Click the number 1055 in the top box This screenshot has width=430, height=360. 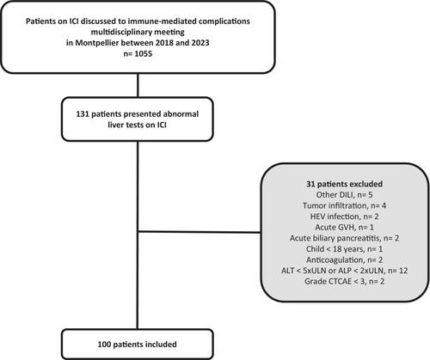click(143, 53)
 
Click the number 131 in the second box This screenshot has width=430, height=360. click(83, 114)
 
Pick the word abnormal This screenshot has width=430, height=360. click(181, 114)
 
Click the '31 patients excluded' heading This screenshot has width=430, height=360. click(344, 184)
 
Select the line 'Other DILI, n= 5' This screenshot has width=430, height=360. click(344, 195)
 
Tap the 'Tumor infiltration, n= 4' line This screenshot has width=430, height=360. click(344, 205)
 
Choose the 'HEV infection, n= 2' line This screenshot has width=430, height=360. click(344, 217)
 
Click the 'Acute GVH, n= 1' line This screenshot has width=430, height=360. click(344, 228)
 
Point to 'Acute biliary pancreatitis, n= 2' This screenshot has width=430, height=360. click(344, 238)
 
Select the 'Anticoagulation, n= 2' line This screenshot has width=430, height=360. click(344, 260)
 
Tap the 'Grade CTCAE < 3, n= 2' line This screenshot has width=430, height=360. click(344, 282)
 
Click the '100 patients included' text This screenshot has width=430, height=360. click(137, 345)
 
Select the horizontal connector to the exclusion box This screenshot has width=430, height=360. click(200, 232)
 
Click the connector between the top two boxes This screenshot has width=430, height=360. click(138, 85)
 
